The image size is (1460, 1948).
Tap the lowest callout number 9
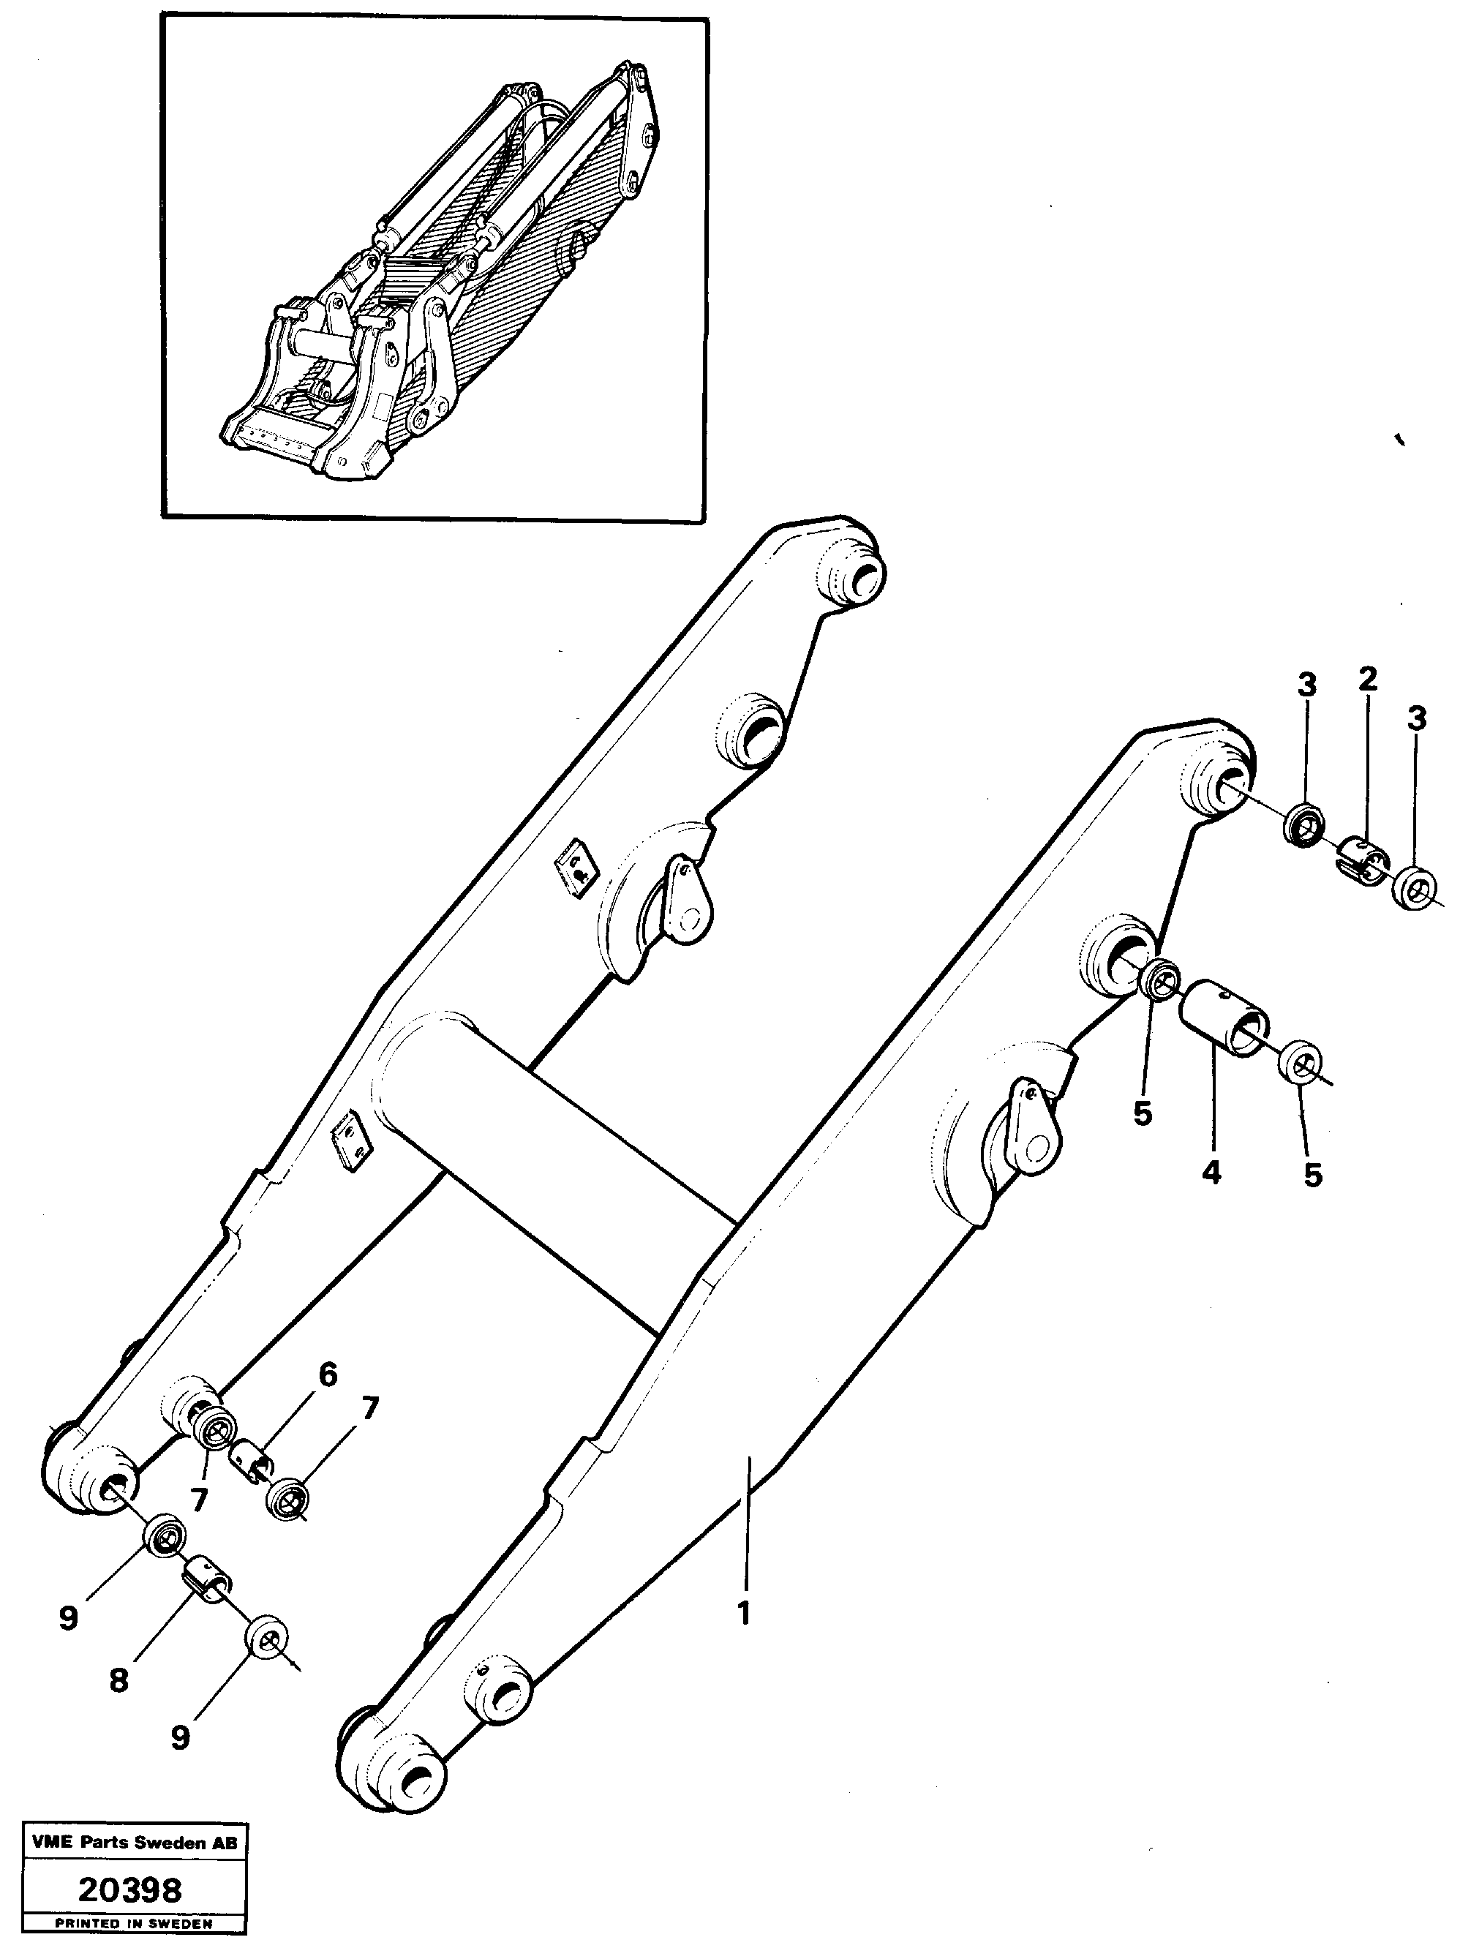[x=180, y=1736]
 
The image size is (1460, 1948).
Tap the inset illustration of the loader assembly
[x=433, y=268]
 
